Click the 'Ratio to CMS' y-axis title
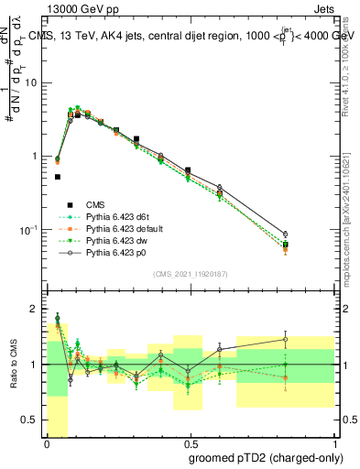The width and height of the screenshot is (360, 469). click(x=13, y=365)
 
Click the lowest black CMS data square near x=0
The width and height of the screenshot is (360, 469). click(x=57, y=177)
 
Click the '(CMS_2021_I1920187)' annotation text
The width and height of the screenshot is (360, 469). click(x=190, y=273)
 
